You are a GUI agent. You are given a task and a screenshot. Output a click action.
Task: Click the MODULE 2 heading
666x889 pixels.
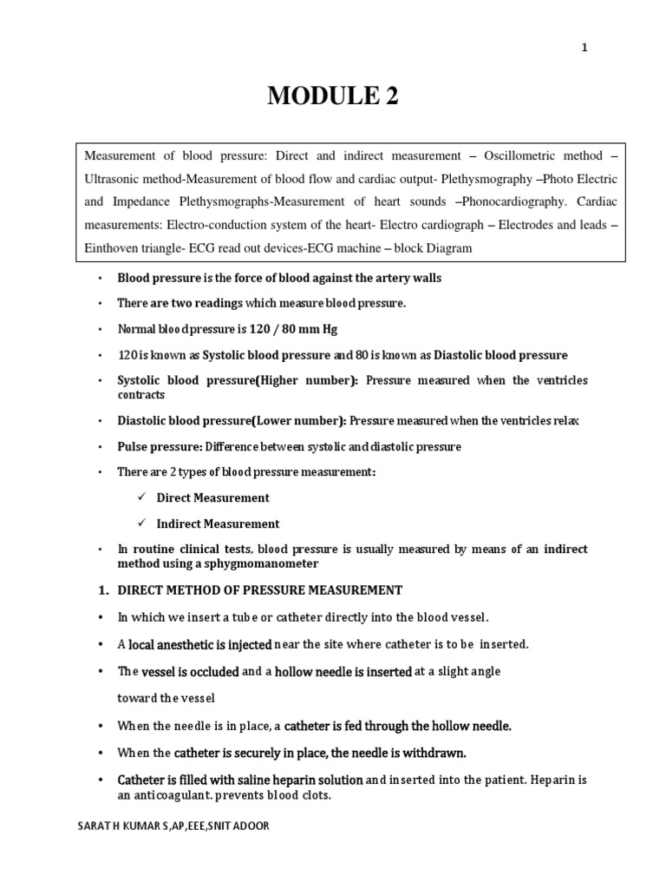[x=333, y=97]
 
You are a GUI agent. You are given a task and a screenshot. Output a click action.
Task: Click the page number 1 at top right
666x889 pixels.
[x=584, y=49]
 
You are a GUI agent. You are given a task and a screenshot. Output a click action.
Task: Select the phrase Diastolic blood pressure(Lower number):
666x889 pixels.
[x=232, y=420]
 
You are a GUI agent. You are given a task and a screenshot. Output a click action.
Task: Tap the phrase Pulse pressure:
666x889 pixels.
[x=160, y=446]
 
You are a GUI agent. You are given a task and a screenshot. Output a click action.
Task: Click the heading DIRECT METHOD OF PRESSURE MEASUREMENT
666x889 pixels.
[x=260, y=590]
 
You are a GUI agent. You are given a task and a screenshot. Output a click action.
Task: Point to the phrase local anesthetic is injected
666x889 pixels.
[x=200, y=644]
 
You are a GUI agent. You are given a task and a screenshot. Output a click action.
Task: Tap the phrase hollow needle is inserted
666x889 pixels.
[x=343, y=671]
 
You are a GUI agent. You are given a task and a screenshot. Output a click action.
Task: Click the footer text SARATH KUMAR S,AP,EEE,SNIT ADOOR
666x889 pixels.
[x=173, y=826]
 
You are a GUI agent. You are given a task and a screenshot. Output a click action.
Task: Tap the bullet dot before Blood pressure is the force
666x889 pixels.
[x=101, y=278]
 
